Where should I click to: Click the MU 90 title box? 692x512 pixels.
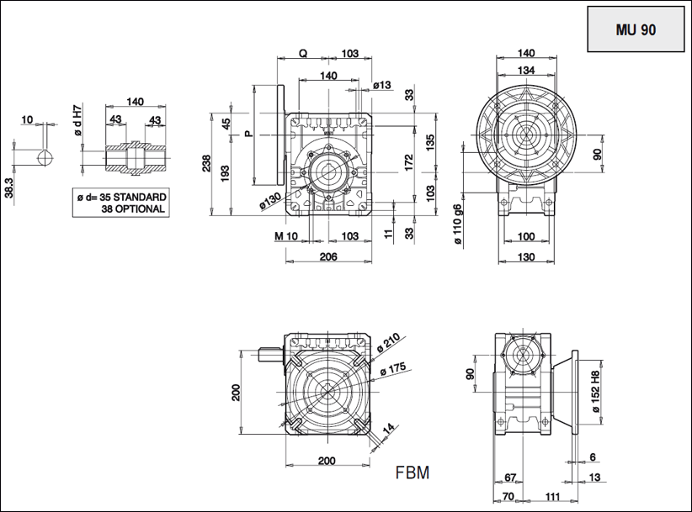tap(636, 29)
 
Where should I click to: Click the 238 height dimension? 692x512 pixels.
tap(207, 163)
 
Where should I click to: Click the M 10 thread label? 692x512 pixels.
tap(286, 236)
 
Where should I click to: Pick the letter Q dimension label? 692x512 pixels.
tap(303, 54)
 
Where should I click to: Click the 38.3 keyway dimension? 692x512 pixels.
tap(8, 186)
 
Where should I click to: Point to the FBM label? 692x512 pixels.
tap(413, 472)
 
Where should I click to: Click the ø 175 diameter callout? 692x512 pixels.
tap(394, 368)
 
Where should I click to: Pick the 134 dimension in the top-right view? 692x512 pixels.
tap(527, 69)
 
